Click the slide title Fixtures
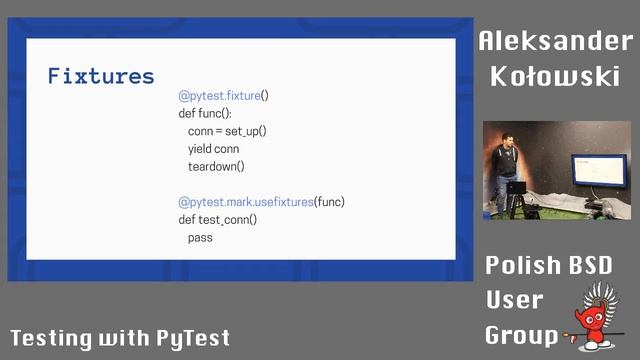tap(101, 76)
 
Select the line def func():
tap(204, 113)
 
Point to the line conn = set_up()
tap(227, 131)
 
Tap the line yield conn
tap(213, 149)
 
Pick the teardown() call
tap(216, 166)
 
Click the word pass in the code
tap(200, 237)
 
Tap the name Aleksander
tap(555, 41)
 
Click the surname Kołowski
tap(555, 76)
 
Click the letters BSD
tap(591, 266)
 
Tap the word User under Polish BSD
tap(514, 299)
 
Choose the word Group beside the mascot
tap(522, 334)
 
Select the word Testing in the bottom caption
tap(50, 338)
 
